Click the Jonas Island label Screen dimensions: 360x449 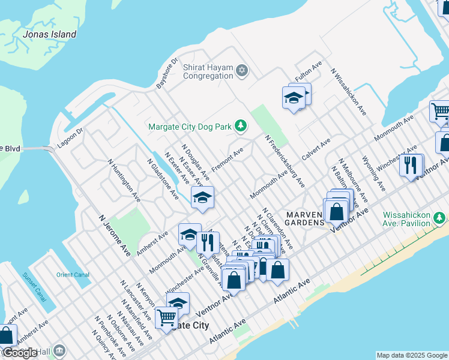[49, 34]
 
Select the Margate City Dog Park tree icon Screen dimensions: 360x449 [240, 125]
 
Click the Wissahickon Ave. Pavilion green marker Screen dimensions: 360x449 [441, 217]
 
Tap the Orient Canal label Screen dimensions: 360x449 [73, 275]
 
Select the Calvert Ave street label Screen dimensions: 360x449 [316, 148]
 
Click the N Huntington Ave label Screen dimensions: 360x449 [124, 180]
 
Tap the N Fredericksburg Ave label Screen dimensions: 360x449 [285, 161]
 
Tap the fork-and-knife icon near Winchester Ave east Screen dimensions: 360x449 [410, 165]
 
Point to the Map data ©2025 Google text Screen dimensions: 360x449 [412, 355]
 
